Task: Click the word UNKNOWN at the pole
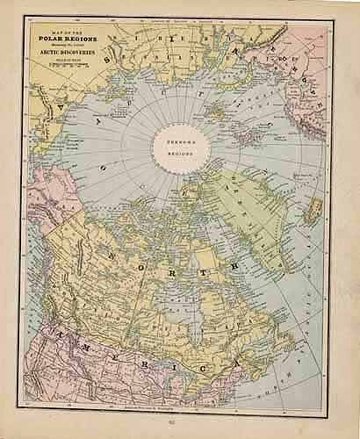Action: click(177, 138)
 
